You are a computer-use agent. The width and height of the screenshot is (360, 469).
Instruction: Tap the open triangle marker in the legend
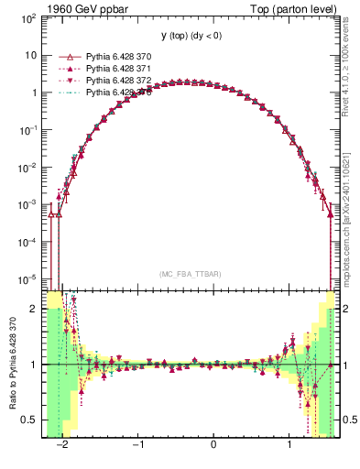(x=65, y=57)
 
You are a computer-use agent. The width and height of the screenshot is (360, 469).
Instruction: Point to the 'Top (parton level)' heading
(x=301, y=9)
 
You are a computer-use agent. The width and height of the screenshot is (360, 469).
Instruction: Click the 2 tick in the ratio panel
(x=35, y=309)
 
